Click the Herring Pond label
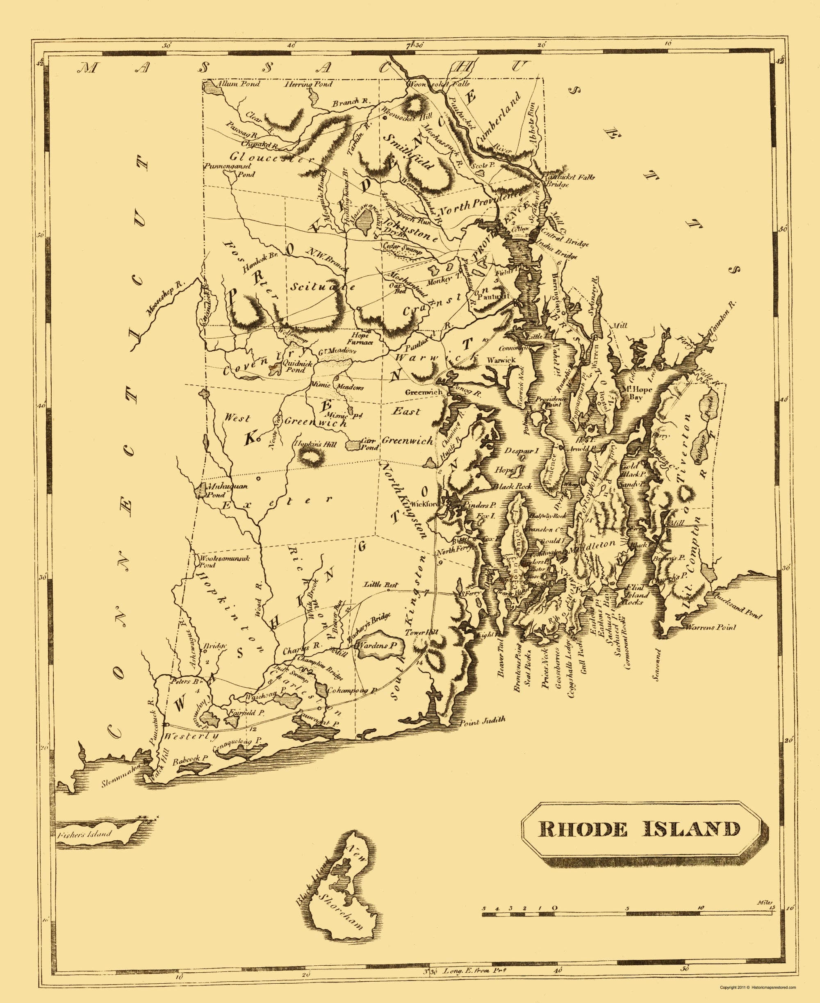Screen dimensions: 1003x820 (x=308, y=84)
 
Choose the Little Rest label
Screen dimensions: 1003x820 (x=380, y=585)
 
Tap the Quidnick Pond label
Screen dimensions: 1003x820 (x=294, y=367)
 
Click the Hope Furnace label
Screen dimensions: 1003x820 (x=360, y=338)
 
